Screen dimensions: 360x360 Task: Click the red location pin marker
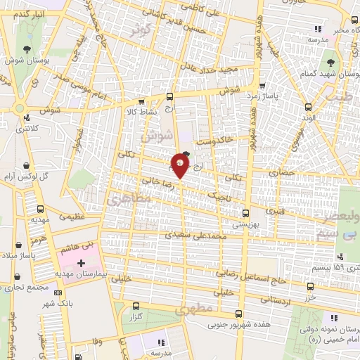pyautogui.click(x=180, y=167)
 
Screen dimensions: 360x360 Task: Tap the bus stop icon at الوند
pyautogui.click(x=307, y=107)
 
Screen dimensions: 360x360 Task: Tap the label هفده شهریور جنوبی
pyautogui.click(x=238, y=326)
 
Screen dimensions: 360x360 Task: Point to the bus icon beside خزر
pyautogui.click(x=311, y=287)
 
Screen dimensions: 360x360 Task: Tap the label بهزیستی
pyautogui.click(x=245, y=224)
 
